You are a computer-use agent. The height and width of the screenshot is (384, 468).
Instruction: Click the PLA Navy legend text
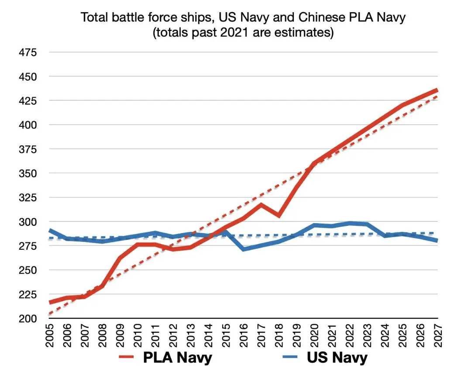pyautogui.click(x=178, y=358)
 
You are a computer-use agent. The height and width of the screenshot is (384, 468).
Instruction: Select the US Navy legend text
pyautogui.click(x=337, y=358)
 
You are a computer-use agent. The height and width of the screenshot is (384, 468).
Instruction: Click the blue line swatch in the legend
pyautogui.click(x=292, y=358)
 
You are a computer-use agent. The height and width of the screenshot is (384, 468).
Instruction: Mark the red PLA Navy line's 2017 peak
pyautogui.click(x=261, y=204)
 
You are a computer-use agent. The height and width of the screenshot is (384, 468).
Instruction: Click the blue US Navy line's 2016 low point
pyautogui.click(x=243, y=249)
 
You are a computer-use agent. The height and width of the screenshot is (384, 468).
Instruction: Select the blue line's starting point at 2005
pyautogui.click(x=50, y=231)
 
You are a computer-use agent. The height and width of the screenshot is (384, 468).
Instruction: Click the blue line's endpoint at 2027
pyautogui.click(x=437, y=241)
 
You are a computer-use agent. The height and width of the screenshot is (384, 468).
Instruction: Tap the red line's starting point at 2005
pyautogui.click(x=50, y=302)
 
